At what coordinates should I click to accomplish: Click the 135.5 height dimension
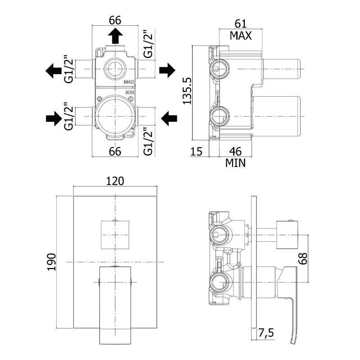[x=188, y=92]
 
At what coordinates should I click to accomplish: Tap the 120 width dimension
[x=115, y=181]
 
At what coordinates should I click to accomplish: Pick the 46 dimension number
[x=235, y=152]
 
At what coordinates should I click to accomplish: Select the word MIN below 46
[x=235, y=163]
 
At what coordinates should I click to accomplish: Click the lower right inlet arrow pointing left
[x=169, y=119]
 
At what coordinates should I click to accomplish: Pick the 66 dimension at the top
[x=115, y=20]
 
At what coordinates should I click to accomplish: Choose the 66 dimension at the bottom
[x=115, y=152]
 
